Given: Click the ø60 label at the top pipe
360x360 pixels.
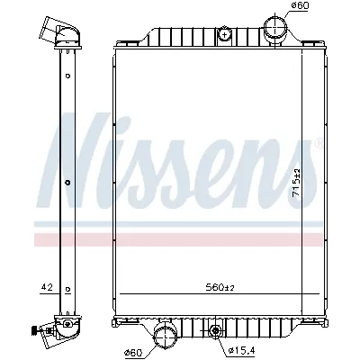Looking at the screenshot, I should tap(301, 8).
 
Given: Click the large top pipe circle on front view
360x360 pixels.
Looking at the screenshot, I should tap(274, 25).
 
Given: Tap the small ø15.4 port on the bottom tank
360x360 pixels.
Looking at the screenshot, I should tap(215, 335).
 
